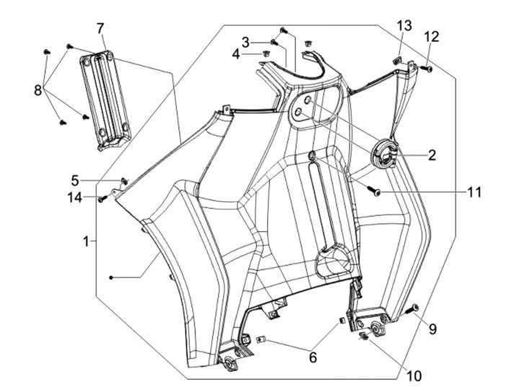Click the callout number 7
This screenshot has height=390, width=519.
click(x=101, y=29)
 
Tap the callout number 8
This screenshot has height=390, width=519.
click(x=38, y=90)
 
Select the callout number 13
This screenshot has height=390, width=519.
click(x=404, y=25)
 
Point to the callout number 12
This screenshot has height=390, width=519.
click(x=431, y=37)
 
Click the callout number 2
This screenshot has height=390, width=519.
click(x=432, y=155)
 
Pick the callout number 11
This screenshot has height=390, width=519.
click(x=474, y=192)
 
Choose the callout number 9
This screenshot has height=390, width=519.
click(x=432, y=329)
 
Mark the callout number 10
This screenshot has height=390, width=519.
click(x=414, y=376)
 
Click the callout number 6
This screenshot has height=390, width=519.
click(x=313, y=358)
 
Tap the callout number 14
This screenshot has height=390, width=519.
click(x=74, y=198)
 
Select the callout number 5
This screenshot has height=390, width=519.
click(x=75, y=181)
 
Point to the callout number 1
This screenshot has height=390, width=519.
click(x=86, y=241)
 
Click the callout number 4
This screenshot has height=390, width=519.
click(x=236, y=54)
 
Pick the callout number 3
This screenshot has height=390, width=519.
click(x=245, y=43)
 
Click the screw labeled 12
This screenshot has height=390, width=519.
click(x=426, y=68)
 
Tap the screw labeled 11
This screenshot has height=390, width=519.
click(x=373, y=191)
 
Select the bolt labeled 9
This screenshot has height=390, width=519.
click(x=412, y=309)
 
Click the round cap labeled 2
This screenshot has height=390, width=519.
click(x=384, y=154)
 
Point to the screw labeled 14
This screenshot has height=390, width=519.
click(x=102, y=199)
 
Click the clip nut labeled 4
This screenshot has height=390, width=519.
click(x=265, y=53)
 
